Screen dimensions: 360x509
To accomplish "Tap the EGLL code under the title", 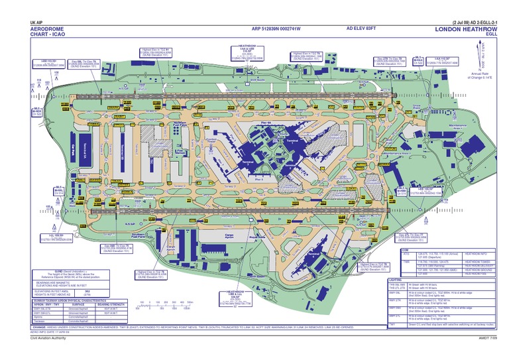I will click(490, 36).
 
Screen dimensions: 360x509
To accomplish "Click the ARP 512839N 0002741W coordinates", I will click(276, 29).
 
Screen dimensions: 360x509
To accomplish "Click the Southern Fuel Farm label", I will click(139, 236).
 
